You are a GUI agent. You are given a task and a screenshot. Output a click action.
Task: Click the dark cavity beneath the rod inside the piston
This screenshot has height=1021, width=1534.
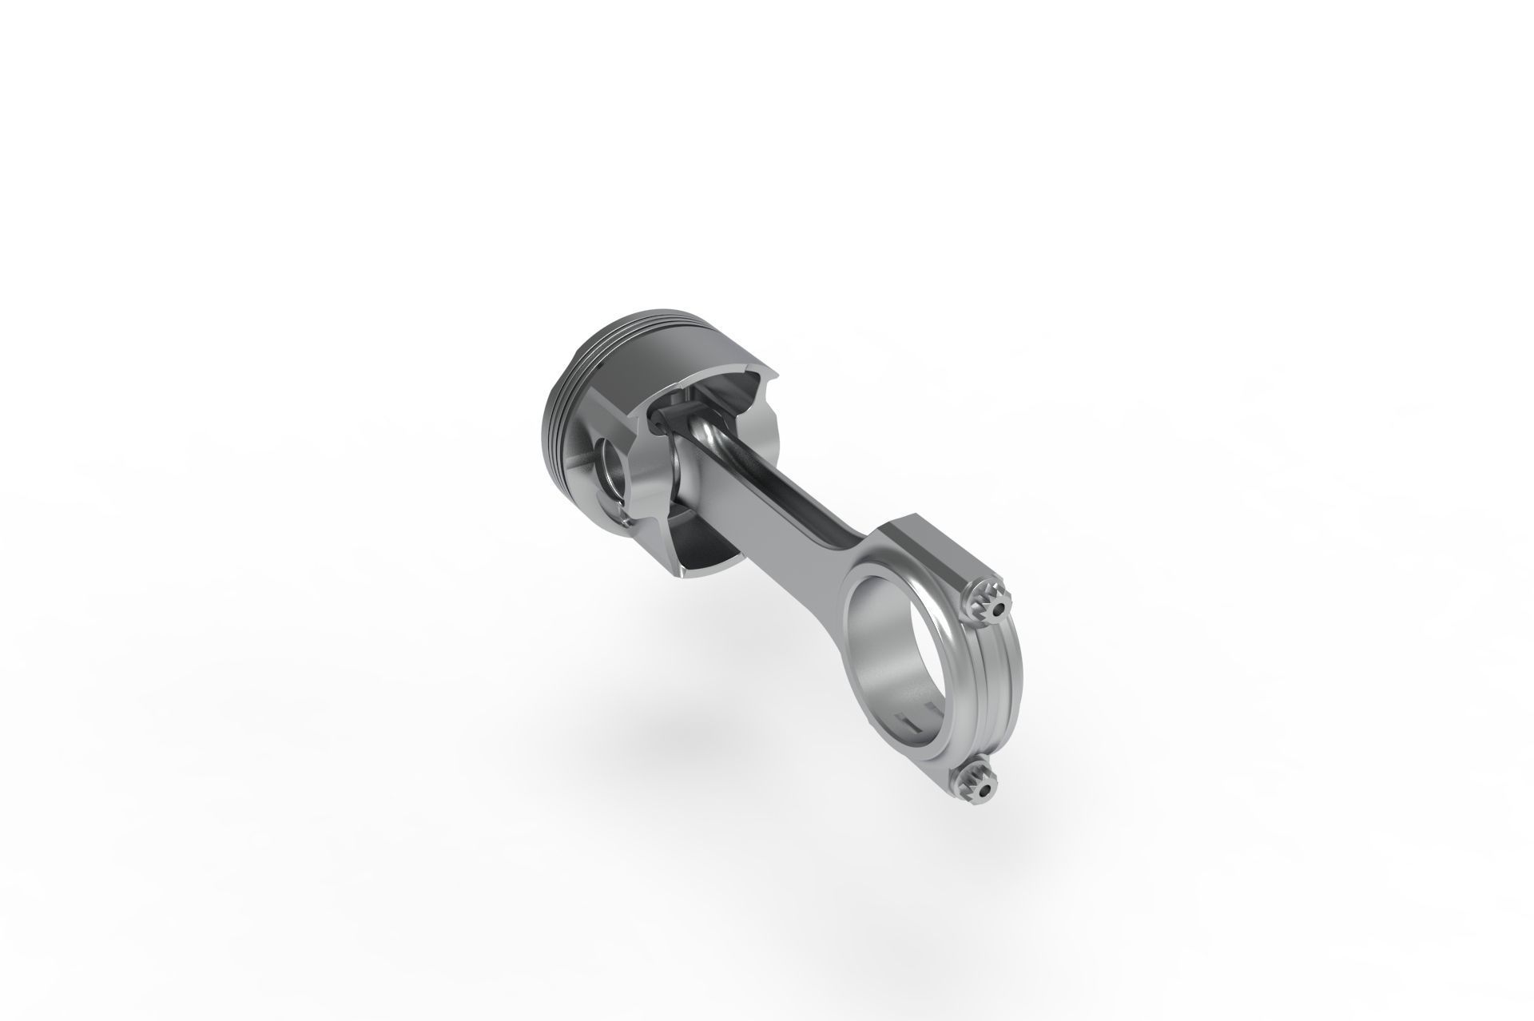(x=703, y=519)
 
